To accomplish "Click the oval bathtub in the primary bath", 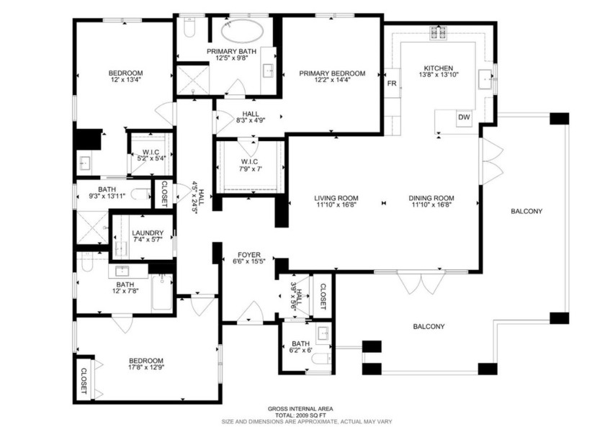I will click(x=242, y=32).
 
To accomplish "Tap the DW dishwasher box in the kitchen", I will click(x=464, y=117).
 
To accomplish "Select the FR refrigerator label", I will click(x=392, y=84).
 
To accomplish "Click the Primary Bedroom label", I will click(x=332, y=73).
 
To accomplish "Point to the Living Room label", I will click(x=336, y=199).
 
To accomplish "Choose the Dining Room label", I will click(x=431, y=199).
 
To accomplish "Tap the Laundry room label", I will click(x=148, y=233).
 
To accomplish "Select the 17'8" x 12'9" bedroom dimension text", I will click(x=146, y=369).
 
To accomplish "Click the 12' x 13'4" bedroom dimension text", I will click(x=125, y=81).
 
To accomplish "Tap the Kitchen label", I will click(x=438, y=68).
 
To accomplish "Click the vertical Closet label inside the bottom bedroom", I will click(x=84, y=381).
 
